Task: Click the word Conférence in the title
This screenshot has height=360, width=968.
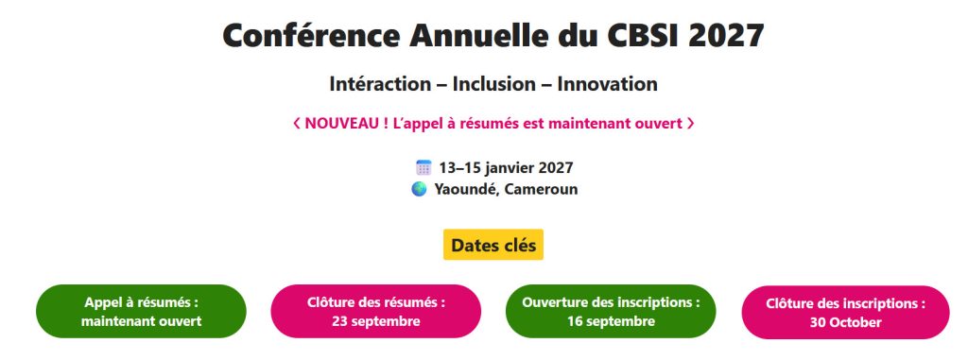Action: pos(310,35)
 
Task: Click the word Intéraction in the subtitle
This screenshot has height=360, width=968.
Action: pos(380,84)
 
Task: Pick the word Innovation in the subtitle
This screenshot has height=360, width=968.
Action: pos(608,84)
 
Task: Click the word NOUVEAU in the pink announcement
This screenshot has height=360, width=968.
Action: pos(342,124)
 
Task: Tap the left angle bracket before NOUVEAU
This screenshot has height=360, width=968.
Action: pos(296,124)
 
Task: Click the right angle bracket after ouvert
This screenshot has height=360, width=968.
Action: pos(690,124)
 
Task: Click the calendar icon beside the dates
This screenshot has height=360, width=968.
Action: pos(423,167)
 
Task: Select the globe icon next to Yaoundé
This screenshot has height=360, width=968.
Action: pos(419,189)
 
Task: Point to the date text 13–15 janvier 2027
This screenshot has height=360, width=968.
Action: pos(507,167)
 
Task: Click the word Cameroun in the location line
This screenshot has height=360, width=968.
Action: pos(541,189)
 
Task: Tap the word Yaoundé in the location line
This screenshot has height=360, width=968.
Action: pos(466,189)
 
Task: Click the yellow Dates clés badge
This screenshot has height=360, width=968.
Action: pos(493,245)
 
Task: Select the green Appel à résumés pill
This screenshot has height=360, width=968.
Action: pos(141,311)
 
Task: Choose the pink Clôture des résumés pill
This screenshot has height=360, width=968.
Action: pos(376,311)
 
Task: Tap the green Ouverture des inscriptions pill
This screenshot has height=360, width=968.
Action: pos(612,311)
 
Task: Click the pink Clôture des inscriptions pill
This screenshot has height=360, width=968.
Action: pos(846,313)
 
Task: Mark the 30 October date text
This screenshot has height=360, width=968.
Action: pos(846,321)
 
